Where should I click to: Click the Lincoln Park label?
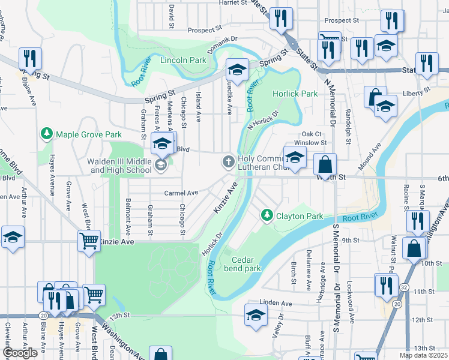tap(183, 61)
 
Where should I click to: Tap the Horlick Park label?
tap(295, 94)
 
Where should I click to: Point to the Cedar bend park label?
tap(246, 264)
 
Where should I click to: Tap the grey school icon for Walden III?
tap(160, 164)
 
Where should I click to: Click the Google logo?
tap(20, 353)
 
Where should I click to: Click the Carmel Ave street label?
tap(181, 193)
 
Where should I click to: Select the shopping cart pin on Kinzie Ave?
tap(89, 241)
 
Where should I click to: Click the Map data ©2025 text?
tap(423, 355)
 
